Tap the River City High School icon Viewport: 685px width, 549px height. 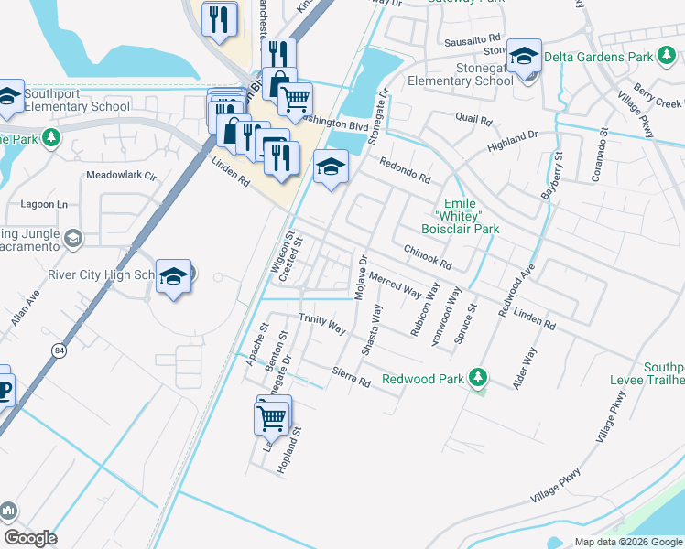tap(172, 276)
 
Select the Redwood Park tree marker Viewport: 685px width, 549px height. tap(477, 377)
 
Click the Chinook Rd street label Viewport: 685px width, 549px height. tap(428, 256)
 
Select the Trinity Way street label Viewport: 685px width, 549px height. tap(321, 323)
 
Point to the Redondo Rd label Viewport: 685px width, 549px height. tap(405, 167)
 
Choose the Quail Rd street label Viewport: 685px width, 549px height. tap(473, 120)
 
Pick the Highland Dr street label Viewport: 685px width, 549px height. tap(513, 141)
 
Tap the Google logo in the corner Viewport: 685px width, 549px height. tap(31, 538)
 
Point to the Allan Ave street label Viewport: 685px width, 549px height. tap(26, 307)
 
